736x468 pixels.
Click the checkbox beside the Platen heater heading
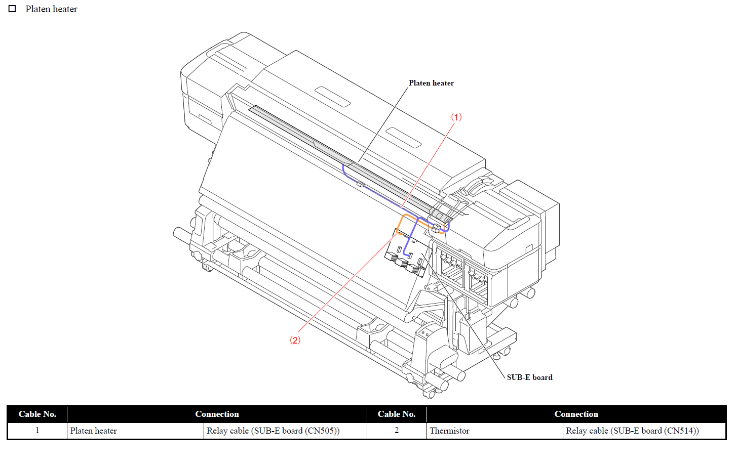[x=12, y=9]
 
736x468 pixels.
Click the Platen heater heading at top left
[x=51, y=9]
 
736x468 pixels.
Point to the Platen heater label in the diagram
[x=431, y=83]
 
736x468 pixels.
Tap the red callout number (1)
[x=456, y=117]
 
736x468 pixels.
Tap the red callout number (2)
[x=295, y=340]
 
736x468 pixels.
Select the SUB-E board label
[x=529, y=377]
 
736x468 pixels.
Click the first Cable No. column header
[x=37, y=414]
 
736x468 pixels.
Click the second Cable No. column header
[x=397, y=414]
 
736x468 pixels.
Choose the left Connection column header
[x=217, y=414]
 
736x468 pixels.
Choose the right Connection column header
[x=576, y=414]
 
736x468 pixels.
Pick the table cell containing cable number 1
[x=37, y=431]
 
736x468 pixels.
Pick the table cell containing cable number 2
[x=397, y=431]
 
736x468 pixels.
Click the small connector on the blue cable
[x=360, y=184]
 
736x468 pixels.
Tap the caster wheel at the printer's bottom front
[x=429, y=393]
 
